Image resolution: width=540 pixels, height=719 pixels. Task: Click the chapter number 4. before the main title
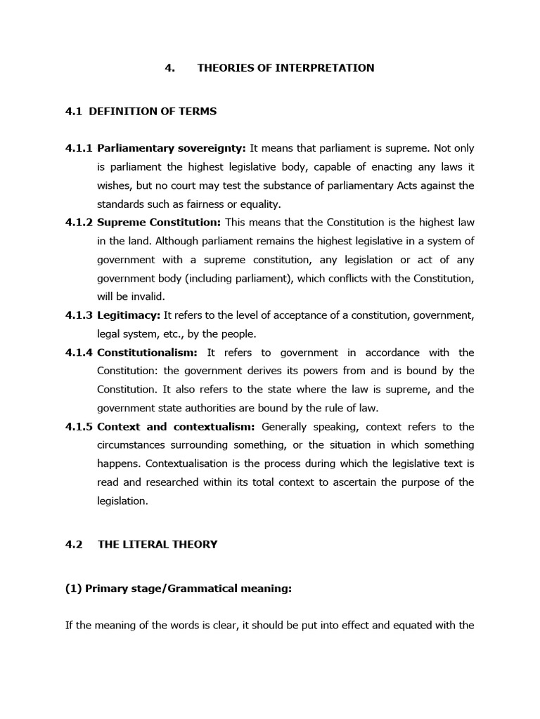click(x=169, y=68)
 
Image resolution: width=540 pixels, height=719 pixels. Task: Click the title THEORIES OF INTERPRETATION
click(x=285, y=68)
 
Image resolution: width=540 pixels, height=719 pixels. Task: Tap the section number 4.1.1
click(x=79, y=148)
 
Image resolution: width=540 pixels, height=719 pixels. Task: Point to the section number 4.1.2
click(x=79, y=223)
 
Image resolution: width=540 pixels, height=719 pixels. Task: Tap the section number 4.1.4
click(x=79, y=352)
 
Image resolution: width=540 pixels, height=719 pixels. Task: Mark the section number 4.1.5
click(x=79, y=427)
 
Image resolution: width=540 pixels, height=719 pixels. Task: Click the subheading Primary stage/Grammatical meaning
click(x=178, y=589)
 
